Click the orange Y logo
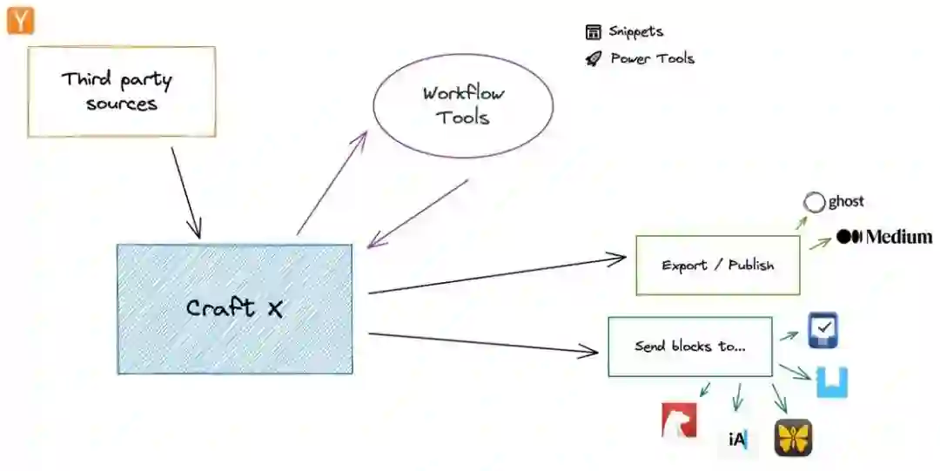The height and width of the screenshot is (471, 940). [19, 20]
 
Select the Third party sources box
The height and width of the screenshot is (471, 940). [122, 91]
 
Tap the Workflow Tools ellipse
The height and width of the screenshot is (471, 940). [463, 105]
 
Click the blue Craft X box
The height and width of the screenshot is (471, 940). [235, 309]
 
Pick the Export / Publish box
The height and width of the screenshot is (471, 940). [717, 265]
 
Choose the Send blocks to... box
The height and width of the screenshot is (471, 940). [689, 347]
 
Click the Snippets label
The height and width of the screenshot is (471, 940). [636, 32]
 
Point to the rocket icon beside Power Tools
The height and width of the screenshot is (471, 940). [594, 59]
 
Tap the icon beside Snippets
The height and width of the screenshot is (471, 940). [594, 33]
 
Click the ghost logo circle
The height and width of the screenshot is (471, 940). [814, 203]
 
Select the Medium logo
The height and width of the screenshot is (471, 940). [884, 237]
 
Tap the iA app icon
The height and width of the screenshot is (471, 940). [737, 440]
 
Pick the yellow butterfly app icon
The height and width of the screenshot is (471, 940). [793, 437]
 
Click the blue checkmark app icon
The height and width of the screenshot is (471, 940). [822, 331]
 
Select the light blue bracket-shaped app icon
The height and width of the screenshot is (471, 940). [832, 382]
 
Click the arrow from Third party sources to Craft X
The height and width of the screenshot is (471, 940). [186, 192]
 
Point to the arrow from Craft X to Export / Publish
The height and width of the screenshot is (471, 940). [496, 275]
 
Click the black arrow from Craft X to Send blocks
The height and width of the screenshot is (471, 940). [483, 342]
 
